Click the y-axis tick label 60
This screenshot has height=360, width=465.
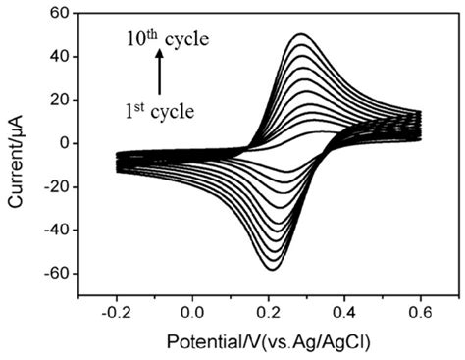tap(62, 14)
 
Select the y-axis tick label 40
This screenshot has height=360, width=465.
tap(62, 57)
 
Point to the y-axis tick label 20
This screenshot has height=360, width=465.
tap(62, 100)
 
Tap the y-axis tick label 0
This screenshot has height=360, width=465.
tap(67, 143)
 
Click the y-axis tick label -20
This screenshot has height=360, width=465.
tap(59, 186)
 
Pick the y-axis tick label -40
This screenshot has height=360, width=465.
tap(59, 230)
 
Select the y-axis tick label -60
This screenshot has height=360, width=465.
tap(59, 273)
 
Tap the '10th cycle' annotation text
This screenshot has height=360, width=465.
tap(168, 42)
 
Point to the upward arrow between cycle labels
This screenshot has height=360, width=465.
tap(157, 75)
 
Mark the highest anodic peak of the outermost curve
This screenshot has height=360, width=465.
tap(301, 35)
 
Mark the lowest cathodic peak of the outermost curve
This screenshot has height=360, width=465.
tap(272, 269)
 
